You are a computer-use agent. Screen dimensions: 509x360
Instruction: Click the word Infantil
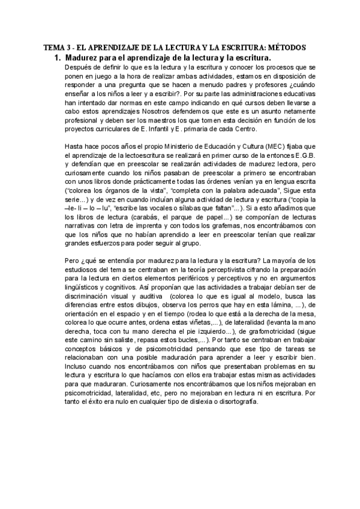pos(160,129)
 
